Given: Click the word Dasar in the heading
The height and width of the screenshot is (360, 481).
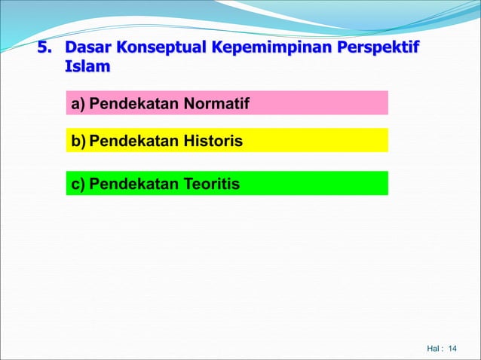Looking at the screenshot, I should [x=87, y=49].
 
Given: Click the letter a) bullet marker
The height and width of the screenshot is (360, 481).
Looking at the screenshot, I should [x=78, y=102].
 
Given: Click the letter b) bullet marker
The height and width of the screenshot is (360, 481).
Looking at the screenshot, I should [x=78, y=140].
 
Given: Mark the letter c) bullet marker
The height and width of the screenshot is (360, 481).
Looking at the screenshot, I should [x=77, y=183].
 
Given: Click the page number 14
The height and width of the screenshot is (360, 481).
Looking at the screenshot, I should [x=452, y=349].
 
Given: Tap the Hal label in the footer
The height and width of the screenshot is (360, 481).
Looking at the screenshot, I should [x=433, y=349].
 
